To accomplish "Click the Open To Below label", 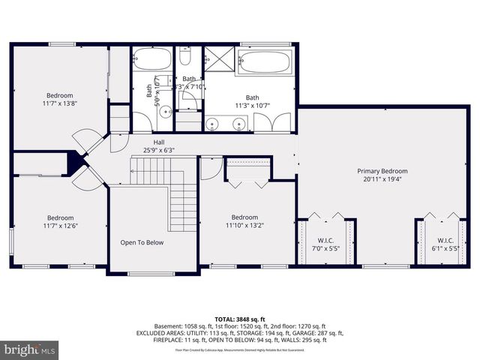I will pyautogui.click(x=142, y=242).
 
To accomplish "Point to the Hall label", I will pyautogui.click(x=159, y=142).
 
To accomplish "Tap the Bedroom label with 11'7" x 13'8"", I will pyautogui.click(x=60, y=95).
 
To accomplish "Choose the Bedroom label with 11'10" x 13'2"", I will pyautogui.click(x=244, y=217).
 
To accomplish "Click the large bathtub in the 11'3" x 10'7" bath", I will pyautogui.click(x=263, y=61).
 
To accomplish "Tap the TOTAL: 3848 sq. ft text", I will pyautogui.click(x=239, y=319).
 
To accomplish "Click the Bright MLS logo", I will pyautogui.click(x=30, y=349).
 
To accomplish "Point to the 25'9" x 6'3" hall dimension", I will pyautogui.click(x=159, y=150).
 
